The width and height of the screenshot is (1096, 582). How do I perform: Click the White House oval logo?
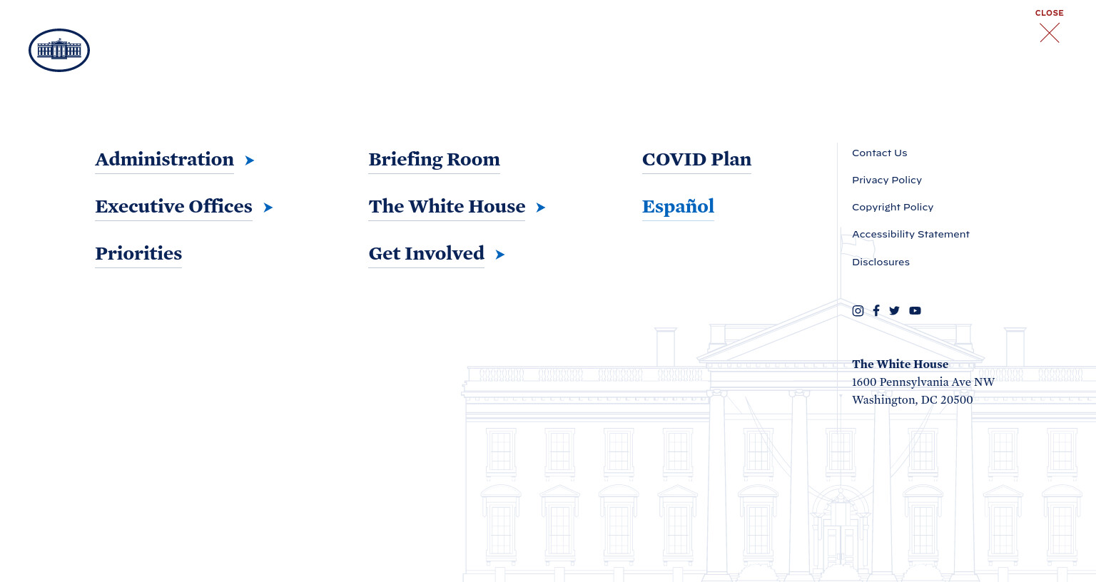(x=59, y=51)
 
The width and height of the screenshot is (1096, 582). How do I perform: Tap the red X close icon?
(x=1050, y=33)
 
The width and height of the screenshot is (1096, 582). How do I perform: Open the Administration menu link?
(x=164, y=160)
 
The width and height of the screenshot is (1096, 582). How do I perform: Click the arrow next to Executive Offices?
(x=268, y=208)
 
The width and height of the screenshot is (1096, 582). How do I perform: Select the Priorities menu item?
(x=138, y=254)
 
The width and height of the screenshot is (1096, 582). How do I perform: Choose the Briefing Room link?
(x=434, y=160)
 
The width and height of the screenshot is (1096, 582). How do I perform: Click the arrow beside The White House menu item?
(x=540, y=208)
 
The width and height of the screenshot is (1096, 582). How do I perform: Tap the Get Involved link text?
(x=426, y=253)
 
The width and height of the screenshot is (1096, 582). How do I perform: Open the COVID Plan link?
(x=696, y=160)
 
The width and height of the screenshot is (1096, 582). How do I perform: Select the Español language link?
(x=678, y=206)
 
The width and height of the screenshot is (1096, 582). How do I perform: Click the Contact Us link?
(x=879, y=153)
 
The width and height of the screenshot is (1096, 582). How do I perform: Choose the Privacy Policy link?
(x=887, y=180)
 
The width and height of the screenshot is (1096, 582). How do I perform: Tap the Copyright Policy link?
(x=893, y=208)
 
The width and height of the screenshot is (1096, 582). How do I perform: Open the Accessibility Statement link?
(x=910, y=234)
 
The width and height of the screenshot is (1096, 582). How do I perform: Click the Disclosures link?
(x=881, y=262)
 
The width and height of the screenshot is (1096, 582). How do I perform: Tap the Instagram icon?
(x=858, y=310)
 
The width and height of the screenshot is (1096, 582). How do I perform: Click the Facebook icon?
(x=876, y=310)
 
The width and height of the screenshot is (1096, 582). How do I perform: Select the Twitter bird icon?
(x=894, y=310)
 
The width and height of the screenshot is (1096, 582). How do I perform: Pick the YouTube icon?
(x=915, y=310)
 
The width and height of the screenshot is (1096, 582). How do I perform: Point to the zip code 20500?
(x=957, y=400)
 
